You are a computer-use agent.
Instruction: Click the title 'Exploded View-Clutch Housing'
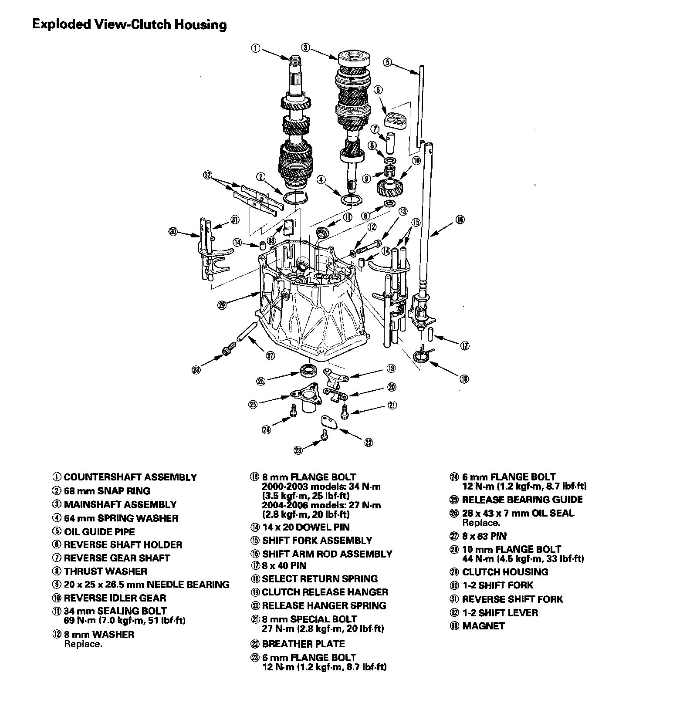point(129,24)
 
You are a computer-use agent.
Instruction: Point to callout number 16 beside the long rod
point(460,220)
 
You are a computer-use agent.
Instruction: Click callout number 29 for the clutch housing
point(222,305)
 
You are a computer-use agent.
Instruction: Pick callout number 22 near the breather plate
point(369,442)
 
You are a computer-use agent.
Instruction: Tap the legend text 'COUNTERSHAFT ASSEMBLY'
point(130,477)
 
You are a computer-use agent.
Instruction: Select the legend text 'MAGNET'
point(483,626)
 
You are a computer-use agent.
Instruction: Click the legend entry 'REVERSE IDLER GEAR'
point(115,598)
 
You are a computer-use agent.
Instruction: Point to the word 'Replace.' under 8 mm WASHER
point(83,644)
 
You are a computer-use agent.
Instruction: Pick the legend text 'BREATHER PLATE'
point(303,644)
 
